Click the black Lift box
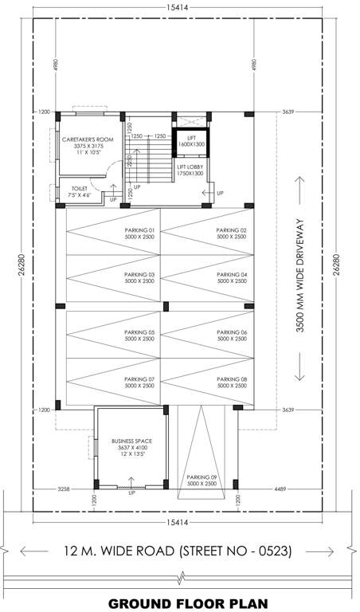point(191,142)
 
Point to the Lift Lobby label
point(190,170)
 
